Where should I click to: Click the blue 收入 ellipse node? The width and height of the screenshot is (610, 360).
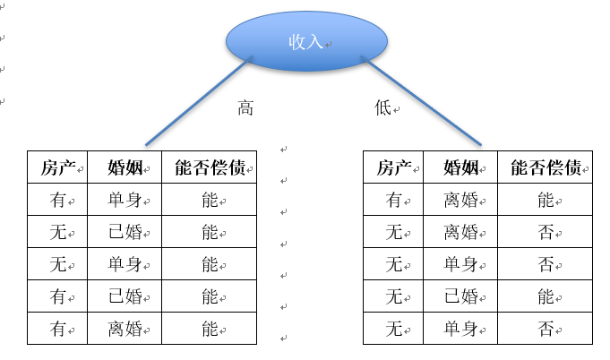pos(306,42)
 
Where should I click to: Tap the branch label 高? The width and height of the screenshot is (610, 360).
pos(245,108)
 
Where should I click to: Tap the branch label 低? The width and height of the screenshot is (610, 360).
pos(383,108)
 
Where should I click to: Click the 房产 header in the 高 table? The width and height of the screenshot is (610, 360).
pos(57,167)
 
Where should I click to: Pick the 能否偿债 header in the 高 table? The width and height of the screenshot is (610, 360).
pos(210,167)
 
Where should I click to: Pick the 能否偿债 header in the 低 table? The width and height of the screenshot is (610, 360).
pos(546,167)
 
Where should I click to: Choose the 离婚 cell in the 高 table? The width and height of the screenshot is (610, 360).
pos(125,329)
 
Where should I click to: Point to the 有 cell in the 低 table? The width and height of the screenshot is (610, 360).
pos(393,201)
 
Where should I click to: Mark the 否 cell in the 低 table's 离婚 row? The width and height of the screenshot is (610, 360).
pos(546,233)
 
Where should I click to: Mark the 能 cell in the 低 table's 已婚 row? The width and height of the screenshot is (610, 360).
pos(546,296)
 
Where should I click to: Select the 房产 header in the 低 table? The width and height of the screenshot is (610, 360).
pos(393,167)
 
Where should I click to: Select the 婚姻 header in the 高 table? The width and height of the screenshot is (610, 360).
pos(125,167)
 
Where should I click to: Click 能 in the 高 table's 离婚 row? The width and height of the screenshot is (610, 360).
pos(210,329)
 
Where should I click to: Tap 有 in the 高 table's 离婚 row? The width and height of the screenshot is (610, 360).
pos(57,329)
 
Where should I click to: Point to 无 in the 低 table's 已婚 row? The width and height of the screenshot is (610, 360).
pos(393,296)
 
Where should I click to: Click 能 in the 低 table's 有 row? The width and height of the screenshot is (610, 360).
pos(546,201)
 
